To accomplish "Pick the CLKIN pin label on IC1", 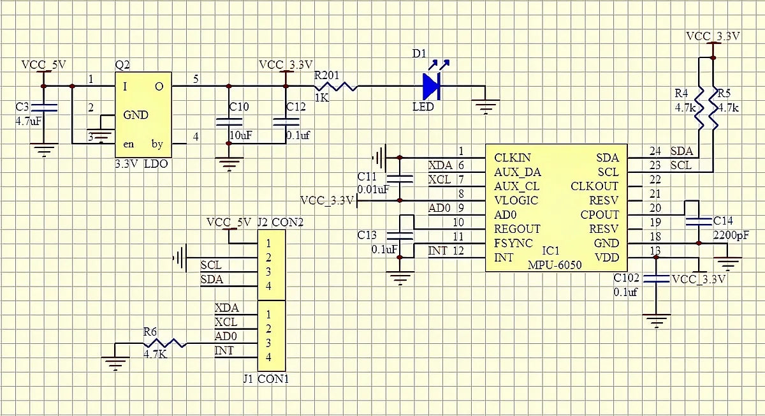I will pos(512,157).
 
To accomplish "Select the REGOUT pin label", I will pos(517,228).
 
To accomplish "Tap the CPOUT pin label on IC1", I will pos(599,214).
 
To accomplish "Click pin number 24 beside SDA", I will pos(655,151).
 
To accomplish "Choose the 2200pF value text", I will pos(731,235).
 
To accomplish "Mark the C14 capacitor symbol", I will pos(699,221).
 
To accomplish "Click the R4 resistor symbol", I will pos(699,108).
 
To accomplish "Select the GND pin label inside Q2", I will pos(135,115).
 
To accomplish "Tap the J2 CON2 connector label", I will pos(280,223).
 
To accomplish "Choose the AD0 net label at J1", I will pos(226,336).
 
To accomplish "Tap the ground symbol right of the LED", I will pos(486,105).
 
